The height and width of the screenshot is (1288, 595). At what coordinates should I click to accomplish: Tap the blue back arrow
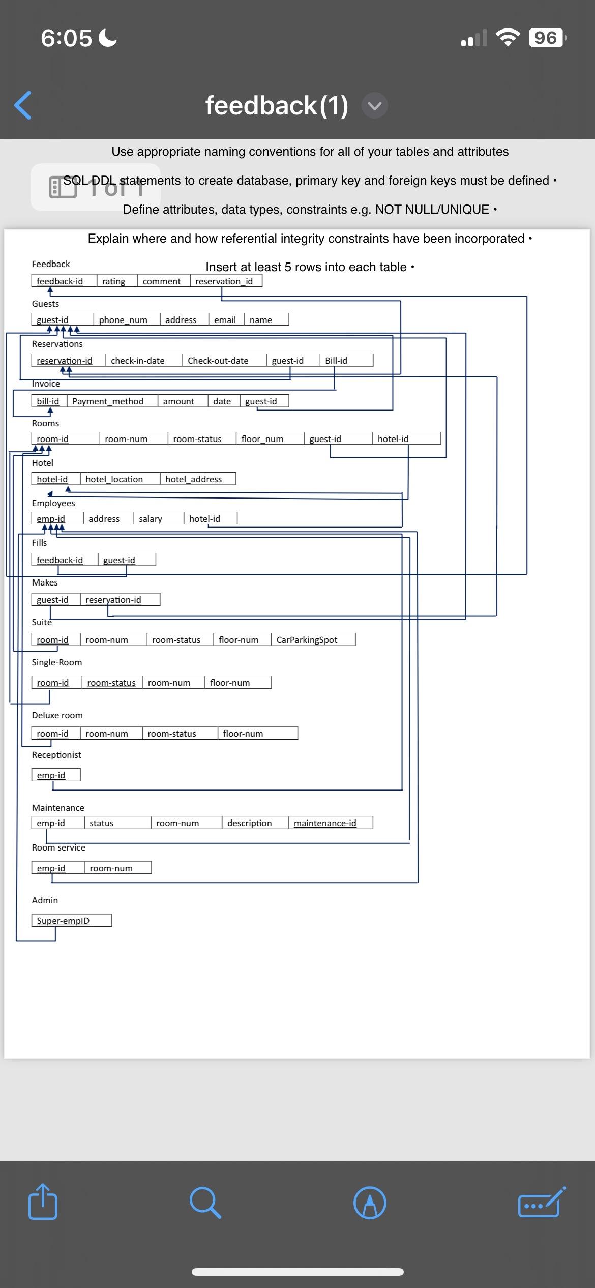[x=23, y=105]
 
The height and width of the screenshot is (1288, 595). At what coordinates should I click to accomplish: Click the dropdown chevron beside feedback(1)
[x=375, y=106]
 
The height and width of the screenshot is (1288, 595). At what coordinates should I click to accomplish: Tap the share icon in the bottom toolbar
[x=43, y=1202]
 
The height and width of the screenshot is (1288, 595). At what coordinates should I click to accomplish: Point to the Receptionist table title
[x=56, y=755]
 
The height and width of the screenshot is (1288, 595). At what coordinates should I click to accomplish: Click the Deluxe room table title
[x=57, y=715]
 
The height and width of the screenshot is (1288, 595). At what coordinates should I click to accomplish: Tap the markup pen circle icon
[x=370, y=1203]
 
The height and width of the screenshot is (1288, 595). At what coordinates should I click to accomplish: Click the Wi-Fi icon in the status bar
[x=507, y=38]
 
